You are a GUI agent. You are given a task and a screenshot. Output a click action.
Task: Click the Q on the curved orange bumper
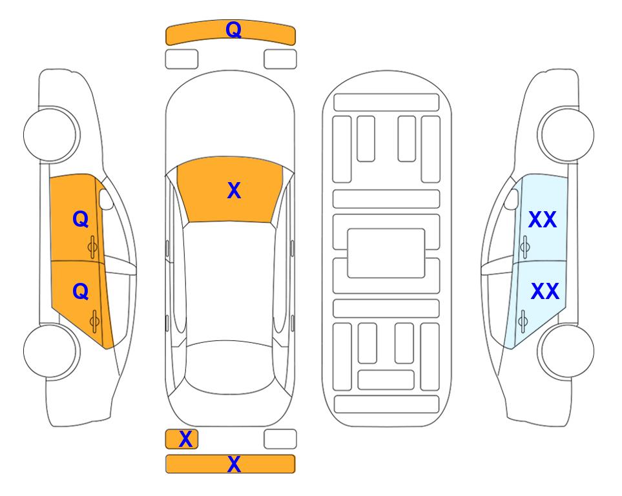point(234,30)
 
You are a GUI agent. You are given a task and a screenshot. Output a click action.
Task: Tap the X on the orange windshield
point(234,191)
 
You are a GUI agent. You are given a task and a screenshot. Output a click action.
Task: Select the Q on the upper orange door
point(81,219)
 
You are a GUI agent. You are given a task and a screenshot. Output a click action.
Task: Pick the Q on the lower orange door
point(81,292)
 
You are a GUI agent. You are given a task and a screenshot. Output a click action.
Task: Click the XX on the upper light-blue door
point(543,220)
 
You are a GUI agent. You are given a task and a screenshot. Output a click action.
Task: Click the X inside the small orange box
point(185,439)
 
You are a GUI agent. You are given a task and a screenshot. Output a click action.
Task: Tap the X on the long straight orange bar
point(234,464)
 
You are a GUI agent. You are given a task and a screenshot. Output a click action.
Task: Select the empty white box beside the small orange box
point(280,439)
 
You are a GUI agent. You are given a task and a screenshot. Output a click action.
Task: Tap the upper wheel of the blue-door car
point(566,134)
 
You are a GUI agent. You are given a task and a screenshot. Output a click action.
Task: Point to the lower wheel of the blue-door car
point(566,351)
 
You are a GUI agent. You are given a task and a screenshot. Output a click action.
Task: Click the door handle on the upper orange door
point(93,247)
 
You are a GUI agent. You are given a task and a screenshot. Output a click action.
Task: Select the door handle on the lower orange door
point(94,321)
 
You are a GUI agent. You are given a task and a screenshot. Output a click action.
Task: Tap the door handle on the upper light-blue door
point(525,247)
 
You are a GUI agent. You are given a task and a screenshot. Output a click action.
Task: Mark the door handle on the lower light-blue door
point(523,321)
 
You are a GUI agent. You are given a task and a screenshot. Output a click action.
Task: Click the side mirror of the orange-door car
point(105,199)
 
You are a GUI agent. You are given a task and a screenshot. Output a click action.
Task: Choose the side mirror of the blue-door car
point(512,199)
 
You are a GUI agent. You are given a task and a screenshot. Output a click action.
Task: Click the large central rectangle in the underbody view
point(386,253)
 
